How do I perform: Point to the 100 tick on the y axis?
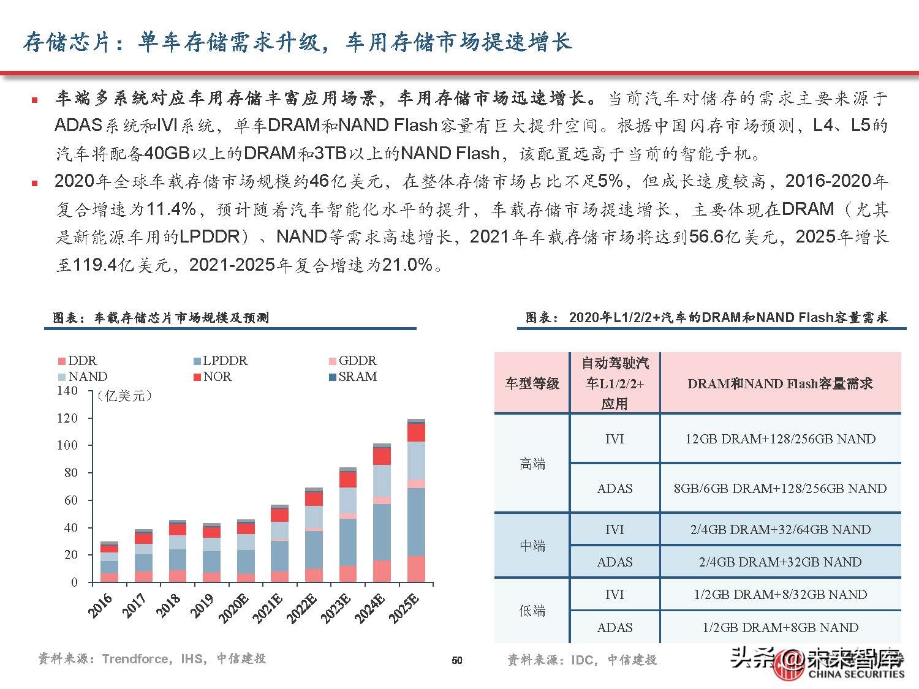point(67,445)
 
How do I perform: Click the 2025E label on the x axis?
point(405,608)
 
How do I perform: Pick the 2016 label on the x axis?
point(100,605)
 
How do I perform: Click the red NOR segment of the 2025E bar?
point(417,433)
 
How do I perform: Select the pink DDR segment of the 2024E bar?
point(382,571)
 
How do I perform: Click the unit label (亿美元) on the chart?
point(124,396)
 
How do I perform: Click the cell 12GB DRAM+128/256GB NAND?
point(780,439)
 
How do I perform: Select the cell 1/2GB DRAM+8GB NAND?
point(780,628)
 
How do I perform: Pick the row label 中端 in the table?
point(532,546)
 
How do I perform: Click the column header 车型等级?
point(532,384)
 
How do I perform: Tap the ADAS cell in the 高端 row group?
point(615,489)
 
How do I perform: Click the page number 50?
point(457,660)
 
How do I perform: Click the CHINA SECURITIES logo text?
point(856,674)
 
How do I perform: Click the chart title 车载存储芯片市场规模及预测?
point(181,318)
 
